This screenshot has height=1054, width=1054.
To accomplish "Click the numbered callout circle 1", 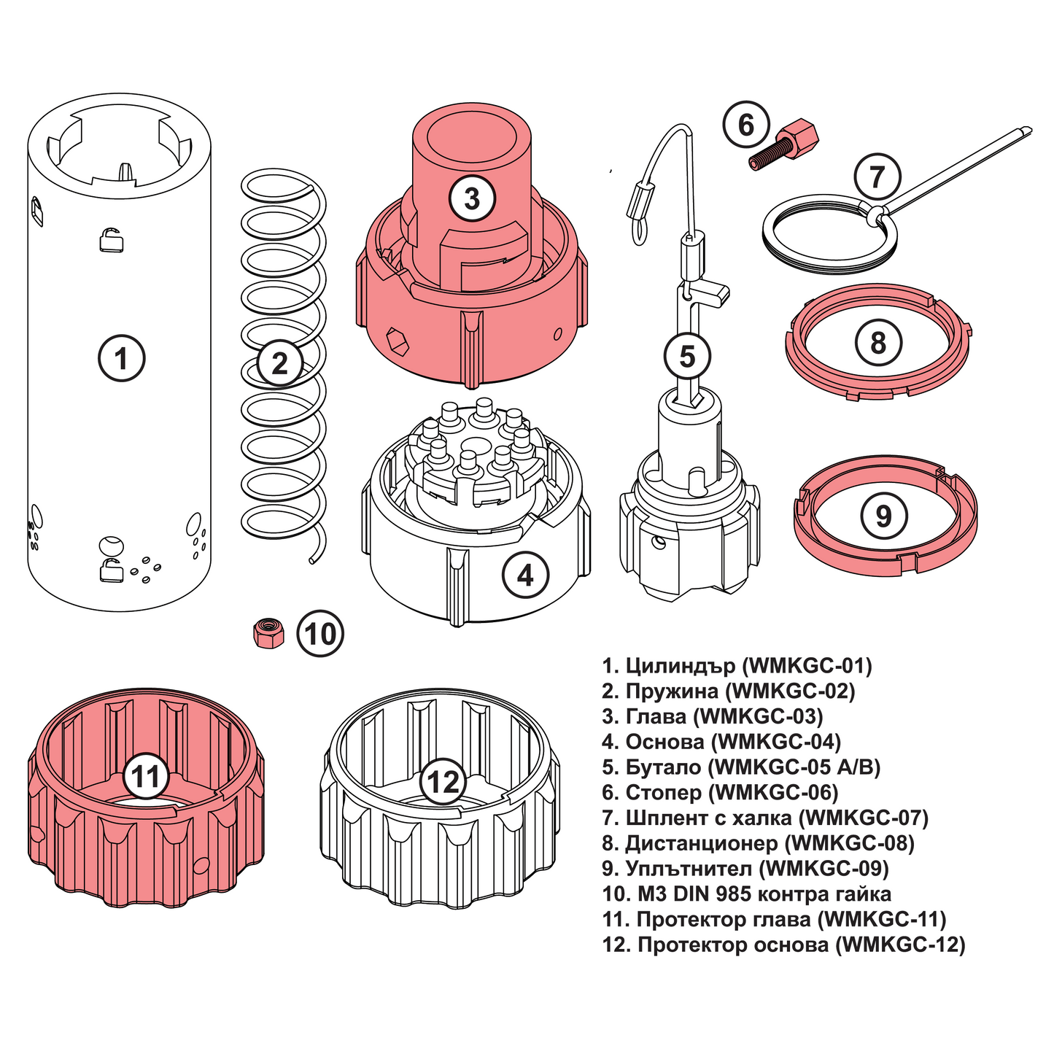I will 121,357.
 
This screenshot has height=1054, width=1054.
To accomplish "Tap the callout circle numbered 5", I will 687,357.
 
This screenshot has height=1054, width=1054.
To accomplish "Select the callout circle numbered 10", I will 320,634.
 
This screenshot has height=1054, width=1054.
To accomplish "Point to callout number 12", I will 442,782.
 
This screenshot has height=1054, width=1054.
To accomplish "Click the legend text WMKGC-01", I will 807,665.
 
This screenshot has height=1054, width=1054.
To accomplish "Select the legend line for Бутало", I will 742,767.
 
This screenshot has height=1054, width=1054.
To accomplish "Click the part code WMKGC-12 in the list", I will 901,945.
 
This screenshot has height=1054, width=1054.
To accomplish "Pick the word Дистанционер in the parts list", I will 701,843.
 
